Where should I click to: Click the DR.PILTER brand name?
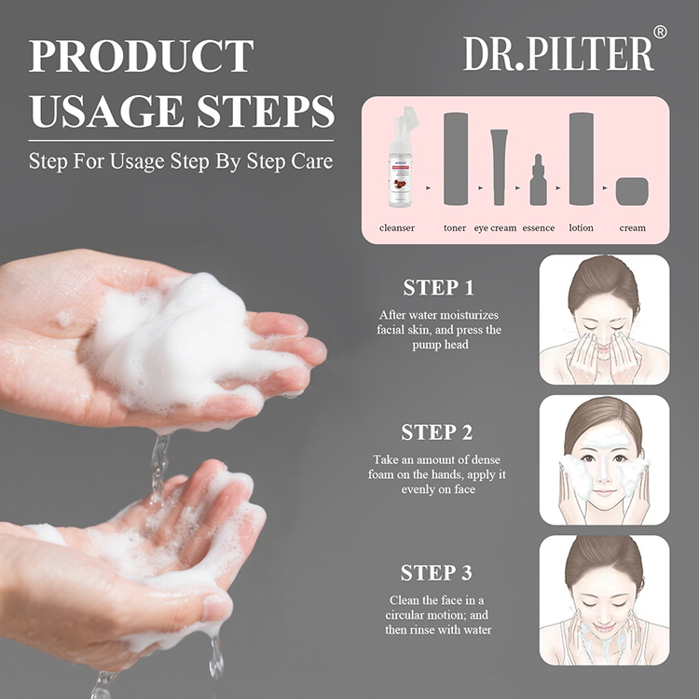557,53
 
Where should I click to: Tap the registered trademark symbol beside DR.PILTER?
660,32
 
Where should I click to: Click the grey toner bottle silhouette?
455,158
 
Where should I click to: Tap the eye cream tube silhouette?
498,167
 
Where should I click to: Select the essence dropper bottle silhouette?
538,181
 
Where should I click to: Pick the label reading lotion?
581,227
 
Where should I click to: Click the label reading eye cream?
495,227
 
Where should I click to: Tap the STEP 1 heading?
438,288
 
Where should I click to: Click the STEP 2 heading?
437,432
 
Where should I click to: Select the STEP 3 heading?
437,572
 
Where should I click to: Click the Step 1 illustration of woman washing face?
604,320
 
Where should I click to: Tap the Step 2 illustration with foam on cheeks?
604,459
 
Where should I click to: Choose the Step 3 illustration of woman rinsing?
604,600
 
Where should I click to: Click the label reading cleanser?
397,227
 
